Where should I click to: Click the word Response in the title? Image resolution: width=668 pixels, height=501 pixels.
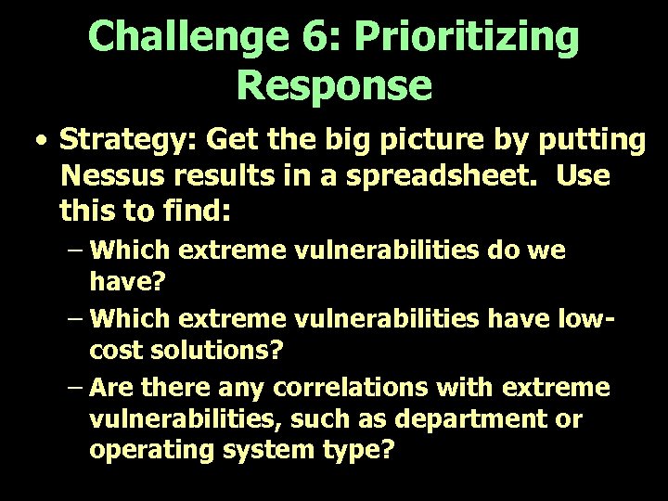[x=334, y=84]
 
